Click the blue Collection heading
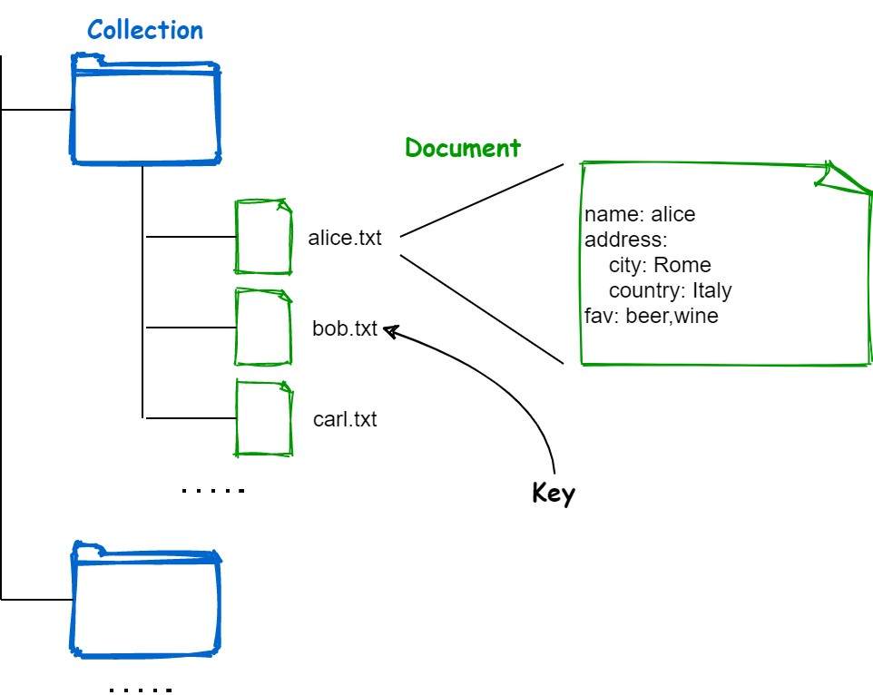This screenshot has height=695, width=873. coord(145,30)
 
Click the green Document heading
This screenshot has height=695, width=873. coord(463,148)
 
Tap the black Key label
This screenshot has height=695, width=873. coord(554,494)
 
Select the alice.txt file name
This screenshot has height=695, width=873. coord(345,238)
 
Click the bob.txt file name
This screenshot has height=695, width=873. coord(345,328)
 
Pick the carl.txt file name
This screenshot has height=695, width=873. coord(345,419)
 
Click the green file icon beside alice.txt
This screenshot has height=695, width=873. coord(264,237)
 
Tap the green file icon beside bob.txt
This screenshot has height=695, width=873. coord(264,328)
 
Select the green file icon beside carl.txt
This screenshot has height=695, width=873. coord(264,418)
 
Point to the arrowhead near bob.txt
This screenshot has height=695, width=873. coord(391,331)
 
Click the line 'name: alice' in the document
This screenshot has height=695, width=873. coord(640,214)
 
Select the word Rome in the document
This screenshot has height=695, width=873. coord(682,265)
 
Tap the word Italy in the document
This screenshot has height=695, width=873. coord(711,290)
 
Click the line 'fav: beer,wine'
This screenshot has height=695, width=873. coord(652,316)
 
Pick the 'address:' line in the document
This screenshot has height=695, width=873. coord(625,240)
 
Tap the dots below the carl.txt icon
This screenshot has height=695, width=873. coord(212,491)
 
